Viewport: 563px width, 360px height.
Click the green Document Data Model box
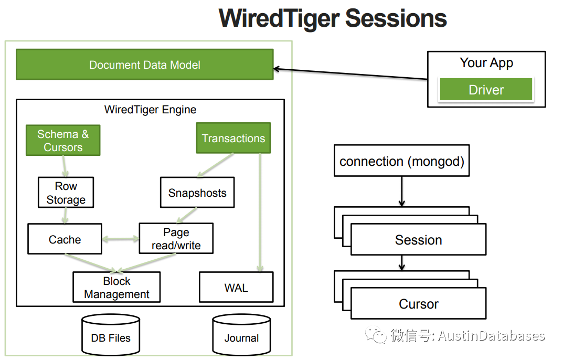click(144, 65)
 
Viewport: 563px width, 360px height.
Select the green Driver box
click(486, 90)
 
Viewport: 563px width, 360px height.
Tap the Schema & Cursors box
click(63, 141)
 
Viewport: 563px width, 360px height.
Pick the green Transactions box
click(233, 139)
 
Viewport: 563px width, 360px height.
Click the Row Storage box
click(66, 193)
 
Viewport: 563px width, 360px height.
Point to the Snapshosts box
click(197, 193)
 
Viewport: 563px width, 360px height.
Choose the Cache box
click(65, 239)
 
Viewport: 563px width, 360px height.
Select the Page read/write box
click(176, 239)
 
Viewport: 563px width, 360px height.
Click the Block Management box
click(116, 288)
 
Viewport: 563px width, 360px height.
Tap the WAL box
click(236, 288)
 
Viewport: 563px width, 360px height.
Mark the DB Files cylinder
click(111, 336)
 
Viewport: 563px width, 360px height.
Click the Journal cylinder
click(241, 336)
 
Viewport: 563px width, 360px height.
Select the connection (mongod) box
click(402, 161)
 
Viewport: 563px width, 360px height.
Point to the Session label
click(418, 240)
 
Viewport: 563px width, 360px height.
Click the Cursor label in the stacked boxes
click(418, 304)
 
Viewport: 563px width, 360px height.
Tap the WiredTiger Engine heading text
click(151, 110)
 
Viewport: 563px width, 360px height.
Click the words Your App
click(486, 63)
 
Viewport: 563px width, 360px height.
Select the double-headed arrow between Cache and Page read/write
click(120, 239)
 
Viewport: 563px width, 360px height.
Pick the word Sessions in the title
click(396, 18)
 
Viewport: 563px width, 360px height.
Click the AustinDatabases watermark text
click(491, 335)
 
